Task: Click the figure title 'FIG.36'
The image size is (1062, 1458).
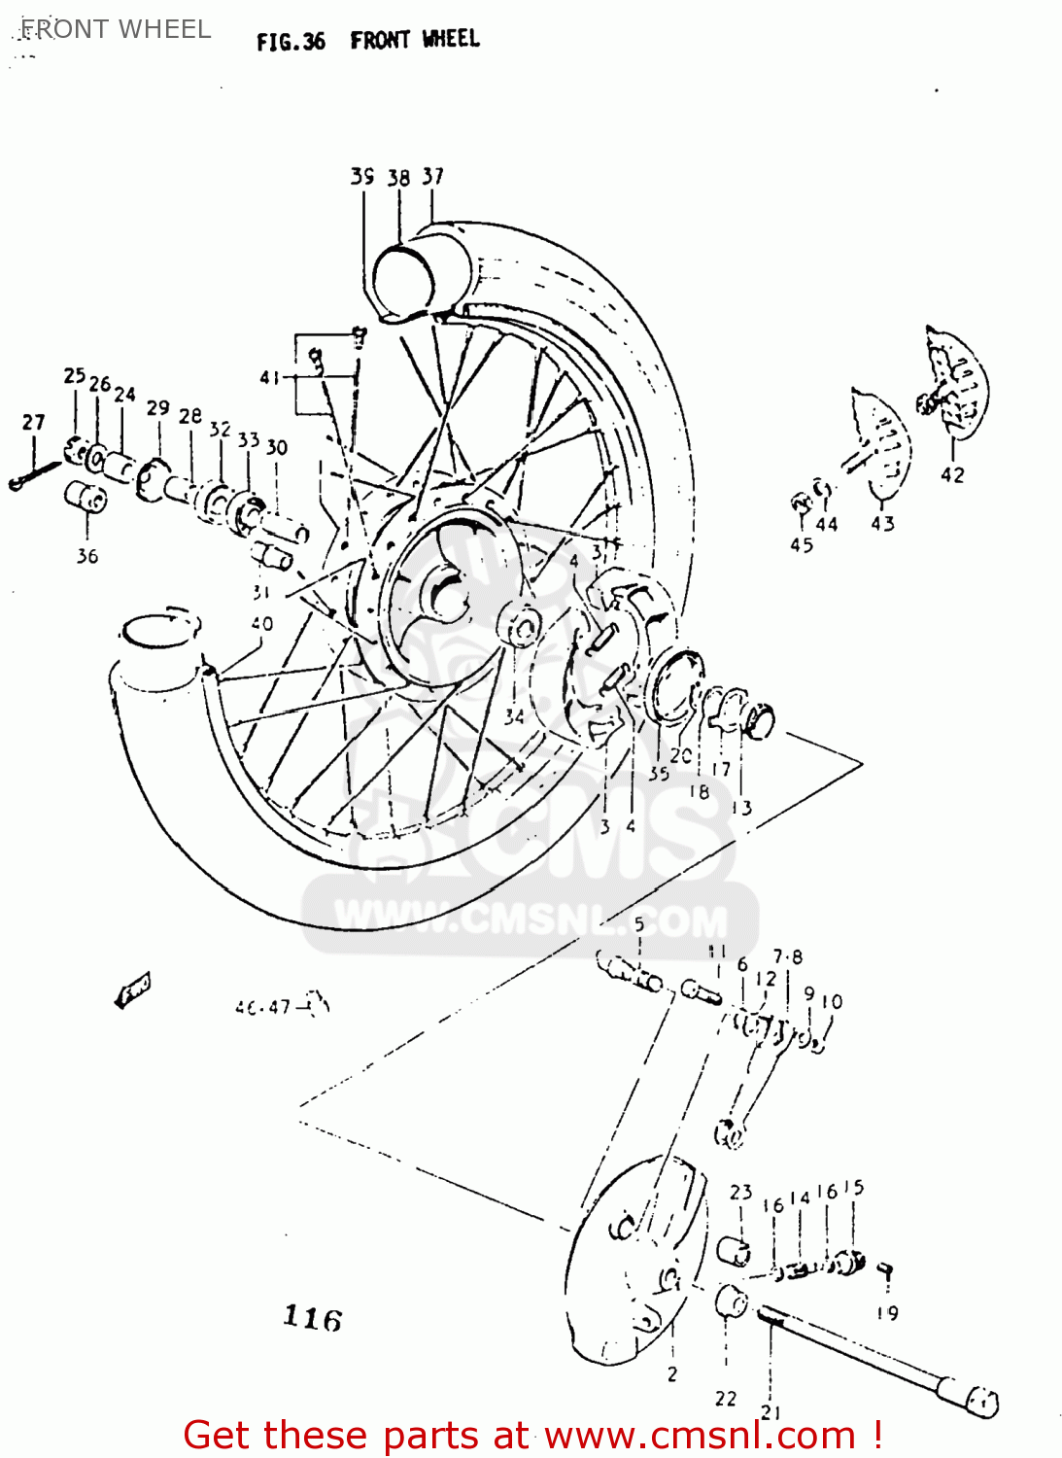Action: click(290, 42)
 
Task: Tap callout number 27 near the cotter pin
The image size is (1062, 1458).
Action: click(33, 422)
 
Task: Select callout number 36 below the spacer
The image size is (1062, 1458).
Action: click(87, 556)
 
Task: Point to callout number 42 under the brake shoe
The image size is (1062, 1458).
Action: click(952, 474)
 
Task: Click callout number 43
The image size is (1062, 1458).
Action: click(882, 524)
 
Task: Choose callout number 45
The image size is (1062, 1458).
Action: click(802, 545)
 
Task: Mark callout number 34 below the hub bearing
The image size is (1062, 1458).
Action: click(514, 716)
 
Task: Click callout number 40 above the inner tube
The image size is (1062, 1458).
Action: click(261, 623)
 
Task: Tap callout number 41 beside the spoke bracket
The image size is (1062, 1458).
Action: click(269, 377)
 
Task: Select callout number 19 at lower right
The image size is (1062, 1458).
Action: click(887, 1313)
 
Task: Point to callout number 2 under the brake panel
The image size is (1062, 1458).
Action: click(672, 1374)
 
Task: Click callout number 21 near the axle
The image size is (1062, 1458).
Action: click(771, 1412)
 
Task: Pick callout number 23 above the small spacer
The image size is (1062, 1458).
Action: click(741, 1192)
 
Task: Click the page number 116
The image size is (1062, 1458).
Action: click(312, 1318)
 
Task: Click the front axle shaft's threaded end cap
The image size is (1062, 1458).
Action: click(976, 1400)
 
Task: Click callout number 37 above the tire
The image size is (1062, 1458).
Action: click(433, 176)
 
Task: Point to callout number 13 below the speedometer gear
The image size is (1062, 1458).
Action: click(741, 807)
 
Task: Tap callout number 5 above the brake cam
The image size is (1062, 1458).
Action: click(638, 923)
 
